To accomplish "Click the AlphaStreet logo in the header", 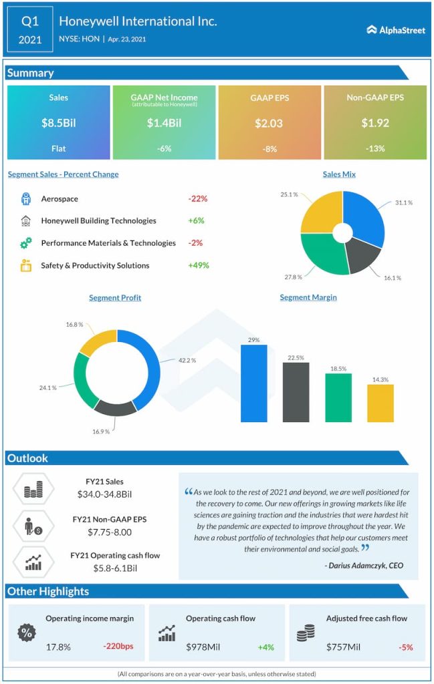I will tap(396, 29).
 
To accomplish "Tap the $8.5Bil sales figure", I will tap(58, 123).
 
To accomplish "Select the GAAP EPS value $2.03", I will tap(269, 123).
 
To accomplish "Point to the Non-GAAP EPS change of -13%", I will tap(374, 148).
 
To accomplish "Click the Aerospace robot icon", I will tap(26, 198).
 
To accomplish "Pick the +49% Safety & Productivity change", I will tap(199, 265).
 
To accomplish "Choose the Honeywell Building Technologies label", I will tap(98, 220).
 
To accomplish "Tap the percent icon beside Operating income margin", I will tap(27, 632).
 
